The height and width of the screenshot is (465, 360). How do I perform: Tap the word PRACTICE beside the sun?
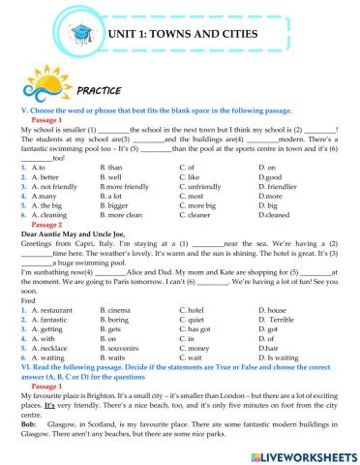(x=92, y=89)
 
